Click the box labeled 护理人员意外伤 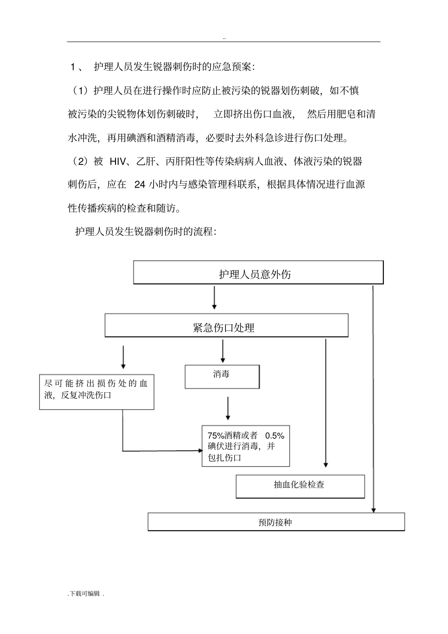[258, 272]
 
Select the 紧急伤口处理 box [226, 325]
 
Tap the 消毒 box [222, 377]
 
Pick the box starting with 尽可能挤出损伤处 [97, 392]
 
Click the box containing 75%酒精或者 [246, 446]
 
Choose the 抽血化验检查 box [300, 486]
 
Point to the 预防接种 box [276, 522]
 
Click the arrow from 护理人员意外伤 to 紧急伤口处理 [215, 297]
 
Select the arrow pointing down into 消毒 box [223, 351]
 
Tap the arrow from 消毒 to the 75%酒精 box [228, 408]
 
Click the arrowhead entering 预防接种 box [373, 510]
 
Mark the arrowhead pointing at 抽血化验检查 [326, 465]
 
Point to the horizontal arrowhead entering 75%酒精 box [200, 451]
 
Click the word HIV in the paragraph [117, 162]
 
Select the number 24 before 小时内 [140, 185]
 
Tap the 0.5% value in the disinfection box [274, 436]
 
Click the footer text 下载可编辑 [85, 594]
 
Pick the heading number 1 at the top [73, 67]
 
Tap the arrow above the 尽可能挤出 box [123, 357]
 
